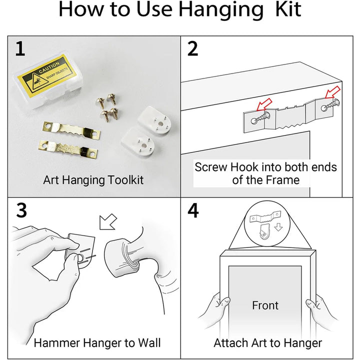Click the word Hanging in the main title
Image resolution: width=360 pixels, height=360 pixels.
[221, 10]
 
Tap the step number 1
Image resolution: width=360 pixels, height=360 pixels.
[20, 48]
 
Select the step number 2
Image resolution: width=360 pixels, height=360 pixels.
[193, 48]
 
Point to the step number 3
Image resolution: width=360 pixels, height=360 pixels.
[21, 210]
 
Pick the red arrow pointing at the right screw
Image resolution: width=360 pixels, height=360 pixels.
[332, 92]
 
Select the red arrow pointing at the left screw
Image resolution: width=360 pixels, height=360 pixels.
[264, 105]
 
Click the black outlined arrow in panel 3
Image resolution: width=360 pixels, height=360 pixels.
[108, 222]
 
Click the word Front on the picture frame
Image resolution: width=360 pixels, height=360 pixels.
[265, 305]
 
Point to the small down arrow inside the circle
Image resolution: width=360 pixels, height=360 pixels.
[278, 227]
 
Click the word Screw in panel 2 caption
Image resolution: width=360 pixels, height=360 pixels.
[211, 167]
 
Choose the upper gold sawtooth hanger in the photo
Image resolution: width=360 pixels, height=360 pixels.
[71, 131]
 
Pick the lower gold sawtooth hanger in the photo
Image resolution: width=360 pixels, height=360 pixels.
[68, 149]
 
